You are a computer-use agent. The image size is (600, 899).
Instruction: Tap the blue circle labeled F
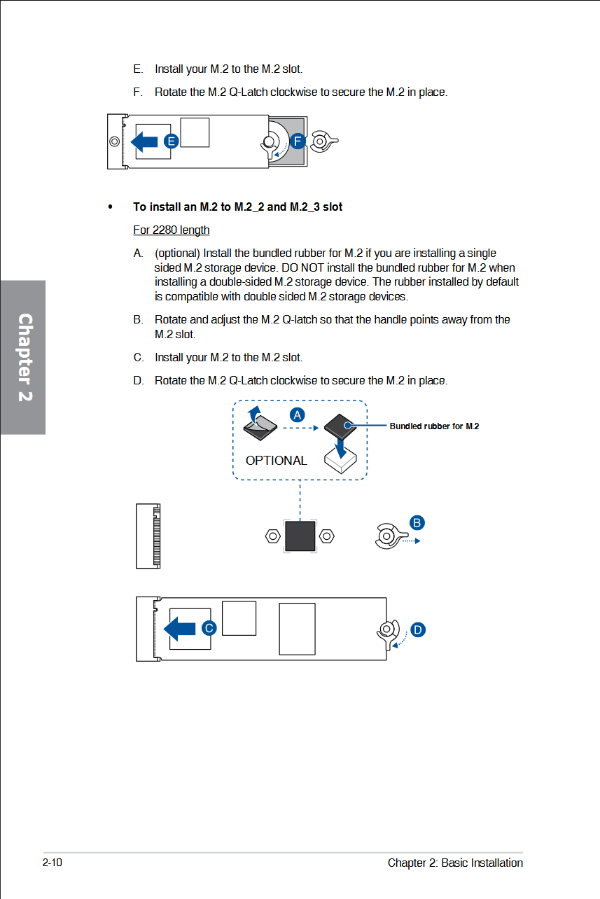[x=298, y=141]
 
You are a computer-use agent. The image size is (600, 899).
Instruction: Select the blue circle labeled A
[x=298, y=414]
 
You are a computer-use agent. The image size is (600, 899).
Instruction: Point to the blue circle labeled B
[x=417, y=522]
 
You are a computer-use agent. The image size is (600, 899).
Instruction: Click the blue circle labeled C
[x=209, y=628]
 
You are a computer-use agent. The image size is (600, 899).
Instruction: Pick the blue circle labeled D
[x=418, y=629]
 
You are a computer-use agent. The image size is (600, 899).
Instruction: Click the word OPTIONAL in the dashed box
[x=276, y=461]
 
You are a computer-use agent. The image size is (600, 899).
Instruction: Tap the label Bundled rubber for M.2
[x=434, y=426]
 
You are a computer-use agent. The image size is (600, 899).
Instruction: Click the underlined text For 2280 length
[x=171, y=230]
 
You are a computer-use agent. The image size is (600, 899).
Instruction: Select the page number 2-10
[x=53, y=863]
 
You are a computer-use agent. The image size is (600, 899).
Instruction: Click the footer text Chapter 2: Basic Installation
[x=455, y=863]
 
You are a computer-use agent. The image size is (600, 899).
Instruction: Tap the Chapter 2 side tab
[x=24, y=357]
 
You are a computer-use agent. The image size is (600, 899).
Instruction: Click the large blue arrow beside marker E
[x=145, y=141]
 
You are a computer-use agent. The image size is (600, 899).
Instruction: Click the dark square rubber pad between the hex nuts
[x=300, y=536]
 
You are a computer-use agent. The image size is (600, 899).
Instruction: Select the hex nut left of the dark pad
[x=273, y=536]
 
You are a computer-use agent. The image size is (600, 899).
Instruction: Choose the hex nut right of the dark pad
[x=326, y=536]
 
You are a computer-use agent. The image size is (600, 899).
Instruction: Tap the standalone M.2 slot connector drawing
[x=148, y=536]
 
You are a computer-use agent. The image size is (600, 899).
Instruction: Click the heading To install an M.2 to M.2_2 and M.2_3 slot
[x=237, y=207]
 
